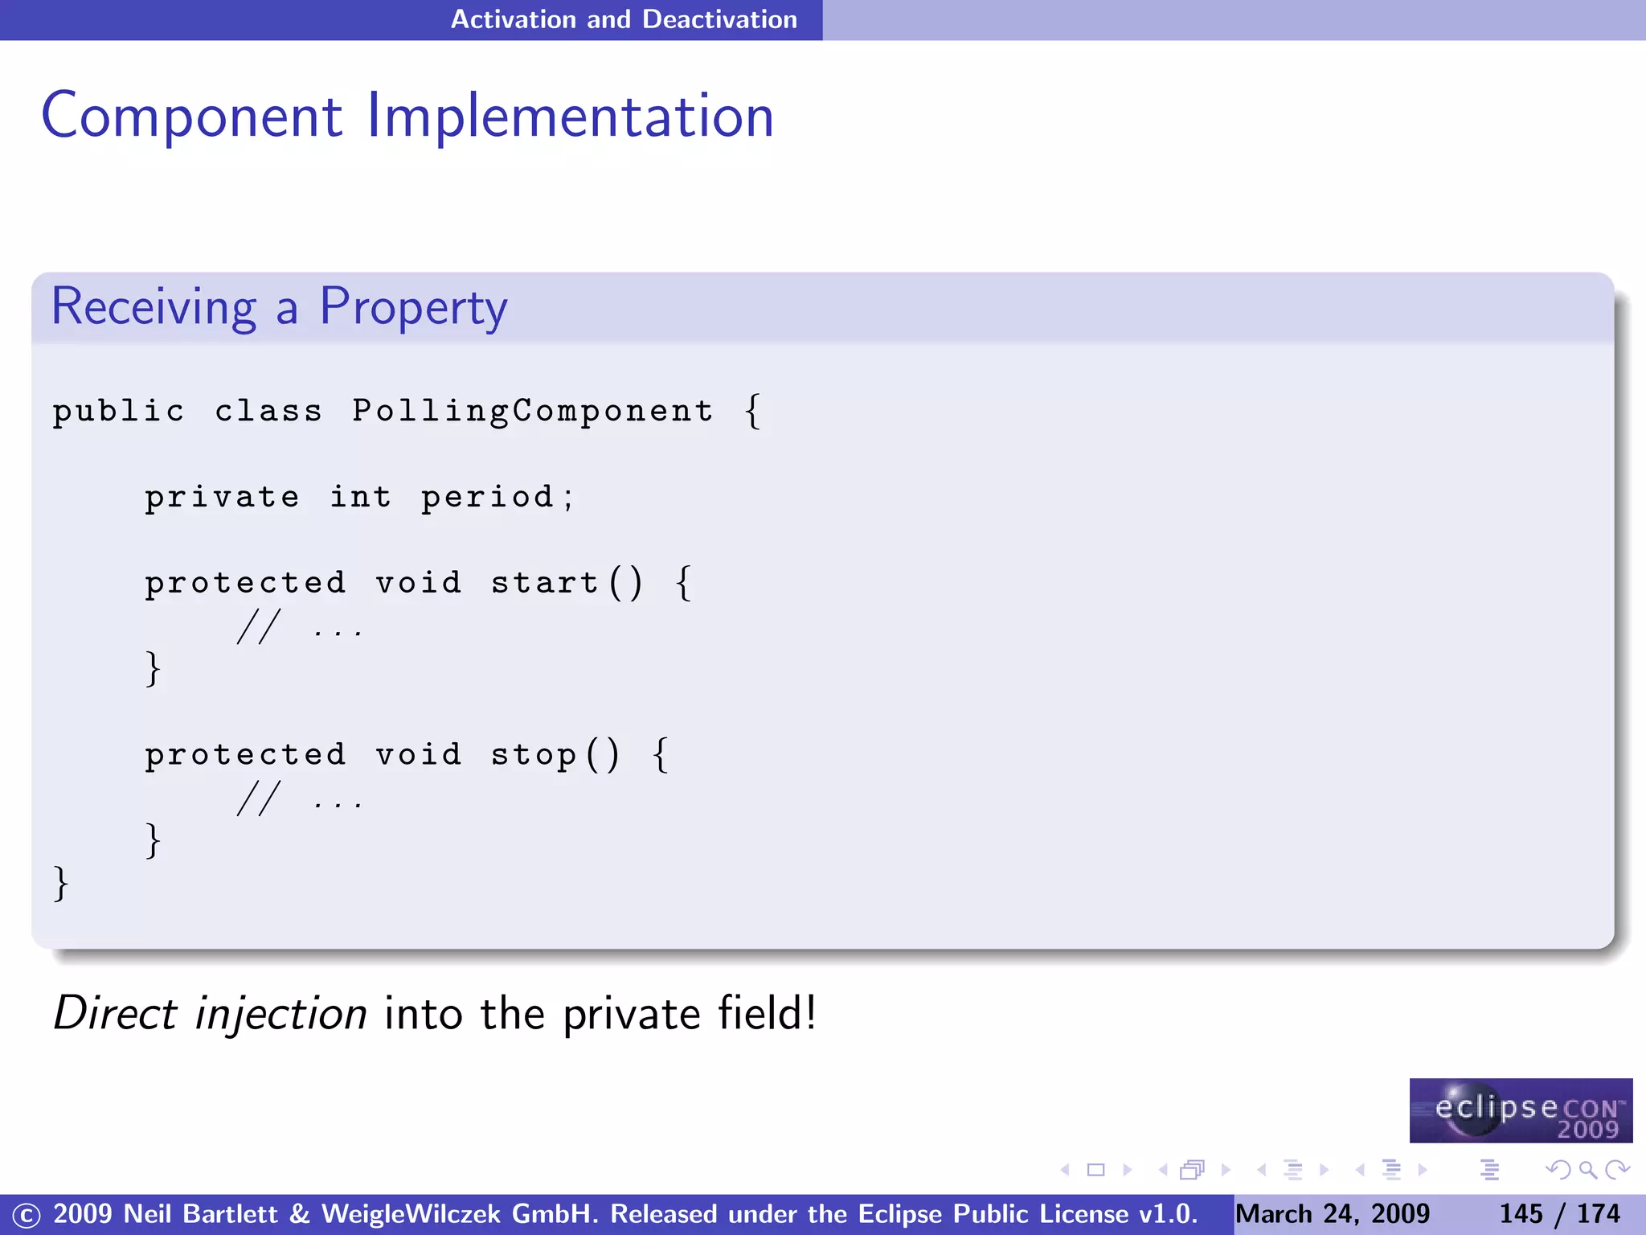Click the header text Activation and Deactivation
[x=624, y=19]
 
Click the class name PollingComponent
[x=532, y=412]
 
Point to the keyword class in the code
[x=268, y=412]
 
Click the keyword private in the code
[x=222, y=498]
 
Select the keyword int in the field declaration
[x=361, y=498]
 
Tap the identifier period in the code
[x=488, y=498]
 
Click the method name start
[x=544, y=583]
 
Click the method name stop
[x=533, y=755]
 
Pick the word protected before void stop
[x=245, y=755]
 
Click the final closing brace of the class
[x=60, y=884]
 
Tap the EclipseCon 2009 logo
[x=1521, y=1110]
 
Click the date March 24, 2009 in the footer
[x=1333, y=1214]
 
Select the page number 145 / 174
[x=1559, y=1214]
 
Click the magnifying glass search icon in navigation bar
[x=1587, y=1170]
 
